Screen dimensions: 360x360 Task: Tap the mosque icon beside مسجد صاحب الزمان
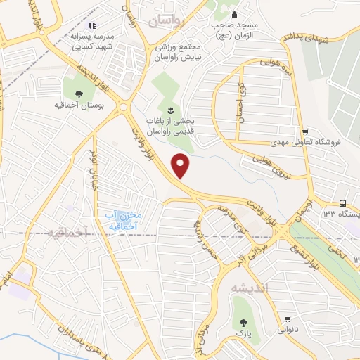point(235,15)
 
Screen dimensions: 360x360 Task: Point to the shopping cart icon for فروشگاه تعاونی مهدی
point(304,131)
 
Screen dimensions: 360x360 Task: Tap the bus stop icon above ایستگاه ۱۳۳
point(341,202)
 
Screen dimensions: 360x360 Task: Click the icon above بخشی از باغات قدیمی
point(170,110)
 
